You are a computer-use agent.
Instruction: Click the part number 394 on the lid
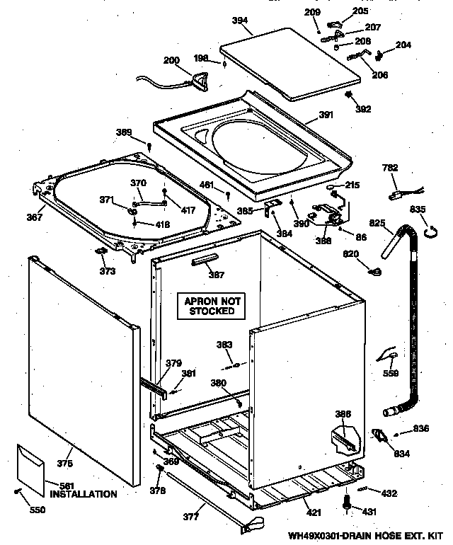point(240,21)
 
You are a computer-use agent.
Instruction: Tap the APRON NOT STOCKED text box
point(209,306)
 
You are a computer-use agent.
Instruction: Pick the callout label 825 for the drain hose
point(377,223)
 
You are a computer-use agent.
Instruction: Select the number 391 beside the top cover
point(325,115)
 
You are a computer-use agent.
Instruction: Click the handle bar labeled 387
point(206,262)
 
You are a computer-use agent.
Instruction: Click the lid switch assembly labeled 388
point(326,212)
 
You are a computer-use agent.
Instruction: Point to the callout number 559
point(390,374)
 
